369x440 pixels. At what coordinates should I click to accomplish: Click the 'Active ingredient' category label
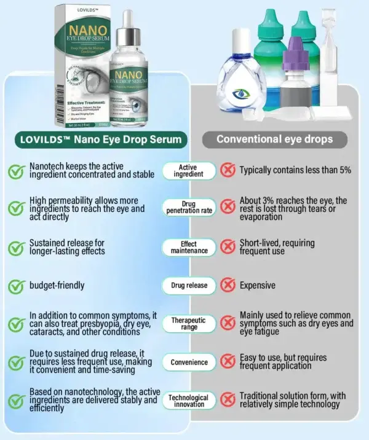(x=189, y=171)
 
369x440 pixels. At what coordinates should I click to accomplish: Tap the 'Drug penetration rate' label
(x=189, y=208)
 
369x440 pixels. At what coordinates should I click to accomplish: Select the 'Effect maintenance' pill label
(x=189, y=247)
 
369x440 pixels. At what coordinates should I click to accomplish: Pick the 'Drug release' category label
(x=189, y=285)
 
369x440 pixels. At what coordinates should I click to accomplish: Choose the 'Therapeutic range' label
(x=189, y=323)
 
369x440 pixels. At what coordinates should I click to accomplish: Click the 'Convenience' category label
(x=189, y=362)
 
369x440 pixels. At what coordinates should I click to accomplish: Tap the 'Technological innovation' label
(x=189, y=401)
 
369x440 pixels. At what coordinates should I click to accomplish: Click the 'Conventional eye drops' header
(x=274, y=139)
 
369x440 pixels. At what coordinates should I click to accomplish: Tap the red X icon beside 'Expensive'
(x=228, y=285)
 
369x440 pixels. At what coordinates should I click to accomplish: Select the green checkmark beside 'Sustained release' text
(x=15, y=248)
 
